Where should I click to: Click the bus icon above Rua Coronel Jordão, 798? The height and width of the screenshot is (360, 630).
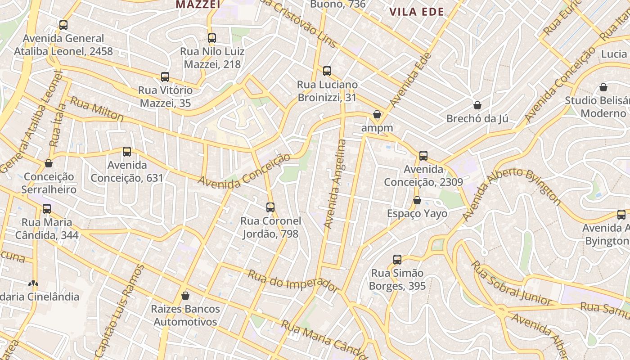tap(270, 207)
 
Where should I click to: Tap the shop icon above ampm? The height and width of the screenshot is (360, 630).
tap(377, 114)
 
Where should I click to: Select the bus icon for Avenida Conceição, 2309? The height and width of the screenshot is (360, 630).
tap(423, 156)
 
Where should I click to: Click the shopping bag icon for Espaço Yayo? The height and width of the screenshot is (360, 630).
tap(417, 200)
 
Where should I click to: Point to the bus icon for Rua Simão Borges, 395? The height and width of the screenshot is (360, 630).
tap(397, 259)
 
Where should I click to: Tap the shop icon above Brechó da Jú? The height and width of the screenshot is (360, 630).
tap(477, 105)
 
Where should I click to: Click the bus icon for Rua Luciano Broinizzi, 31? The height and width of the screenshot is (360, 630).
tap(327, 71)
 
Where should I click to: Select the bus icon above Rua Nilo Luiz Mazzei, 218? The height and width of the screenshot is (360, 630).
tap(212, 38)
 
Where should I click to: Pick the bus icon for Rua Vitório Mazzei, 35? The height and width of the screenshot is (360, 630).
tap(165, 77)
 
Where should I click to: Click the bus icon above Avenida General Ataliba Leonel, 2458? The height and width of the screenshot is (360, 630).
tap(63, 25)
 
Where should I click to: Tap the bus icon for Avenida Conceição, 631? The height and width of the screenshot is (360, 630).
tap(127, 152)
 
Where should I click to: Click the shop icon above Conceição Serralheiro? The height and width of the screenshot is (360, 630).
tap(49, 163)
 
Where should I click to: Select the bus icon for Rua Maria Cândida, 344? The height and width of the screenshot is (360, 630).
tap(47, 209)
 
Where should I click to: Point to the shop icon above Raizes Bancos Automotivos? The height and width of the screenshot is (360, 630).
tap(185, 296)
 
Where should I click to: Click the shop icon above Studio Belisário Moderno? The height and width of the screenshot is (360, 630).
tap(603, 87)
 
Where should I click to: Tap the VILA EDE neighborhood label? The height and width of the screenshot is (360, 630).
tap(416, 12)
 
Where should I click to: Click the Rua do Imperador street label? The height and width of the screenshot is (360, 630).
tap(293, 281)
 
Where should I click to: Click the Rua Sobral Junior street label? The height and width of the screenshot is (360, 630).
tap(511, 283)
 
